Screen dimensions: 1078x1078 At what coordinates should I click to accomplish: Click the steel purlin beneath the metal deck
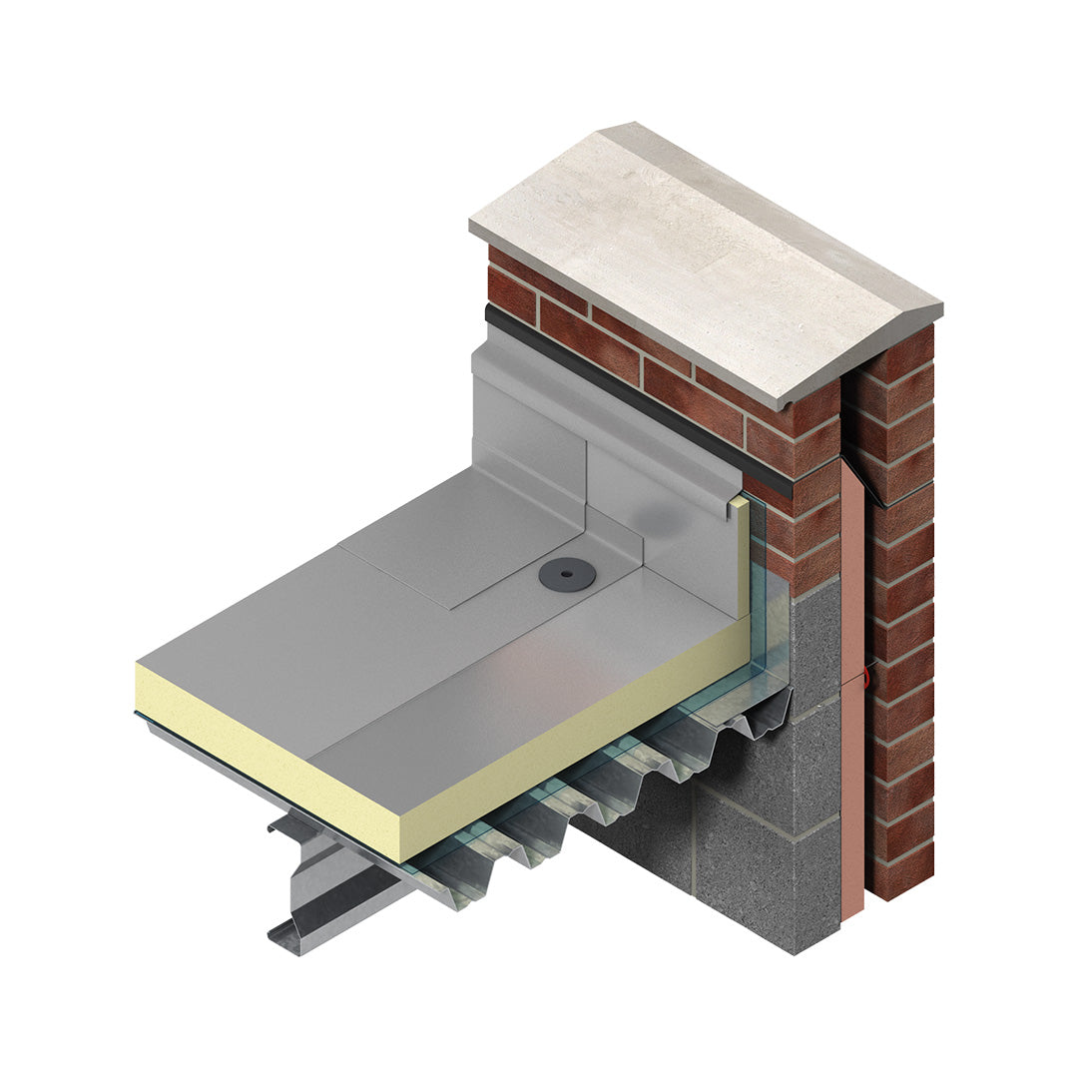pos(329,878)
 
